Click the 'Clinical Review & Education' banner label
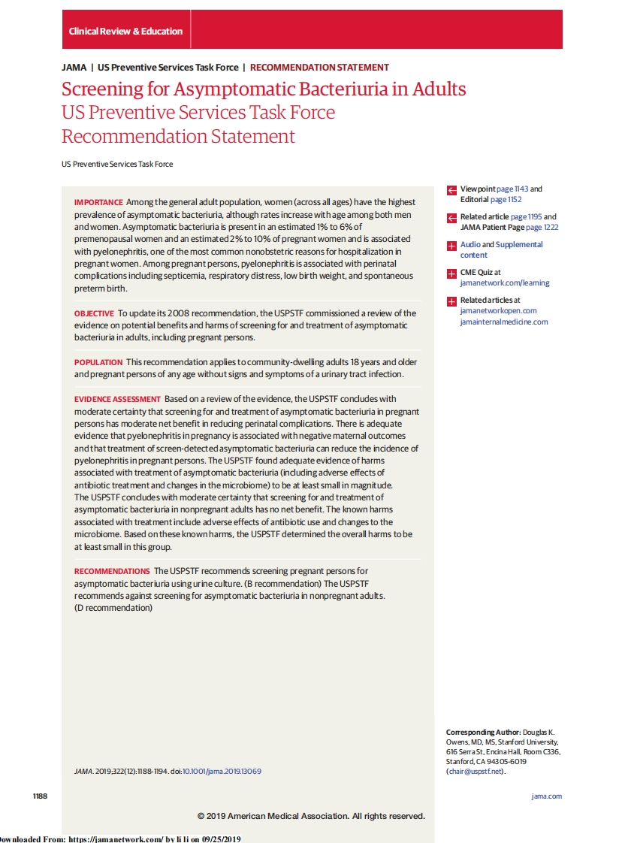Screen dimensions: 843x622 click(125, 31)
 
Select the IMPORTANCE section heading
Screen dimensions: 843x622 click(98, 202)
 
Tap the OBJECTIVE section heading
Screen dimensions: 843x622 click(94, 313)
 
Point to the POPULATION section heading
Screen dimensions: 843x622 click(98, 362)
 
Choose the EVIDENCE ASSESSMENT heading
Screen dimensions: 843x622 click(117, 399)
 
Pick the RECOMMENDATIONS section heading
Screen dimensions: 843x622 click(112, 571)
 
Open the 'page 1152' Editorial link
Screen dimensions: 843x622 click(506, 200)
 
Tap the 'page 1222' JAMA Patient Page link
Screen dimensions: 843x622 click(542, 227)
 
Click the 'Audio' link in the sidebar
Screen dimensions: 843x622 click(470, 245)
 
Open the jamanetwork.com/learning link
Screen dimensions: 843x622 click(504, 283)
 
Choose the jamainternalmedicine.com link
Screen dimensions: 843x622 click(503, 322)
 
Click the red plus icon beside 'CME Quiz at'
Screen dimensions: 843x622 click(451, 273)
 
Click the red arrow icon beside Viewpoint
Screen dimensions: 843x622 click(451, 190)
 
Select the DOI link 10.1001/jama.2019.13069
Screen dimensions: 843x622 click(222, 771)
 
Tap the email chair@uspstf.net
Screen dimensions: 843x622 click(476, 771)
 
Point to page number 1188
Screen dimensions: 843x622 click(40, 796)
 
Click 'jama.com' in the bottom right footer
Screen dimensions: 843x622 click(546, 796)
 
